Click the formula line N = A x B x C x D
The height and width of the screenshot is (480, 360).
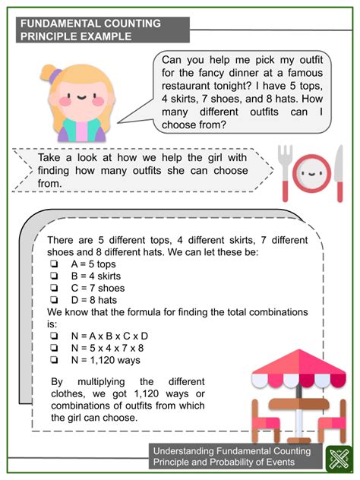[109, 335]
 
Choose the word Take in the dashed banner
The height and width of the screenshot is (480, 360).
[52, 158]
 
